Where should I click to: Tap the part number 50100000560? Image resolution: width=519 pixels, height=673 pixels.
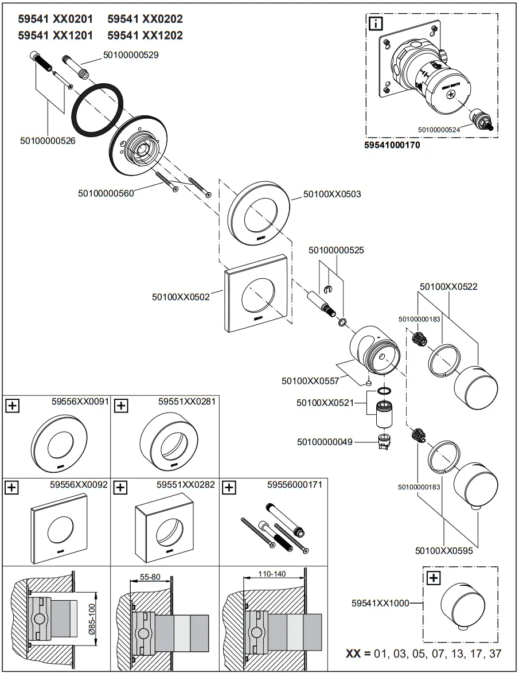click(x=106, y=193)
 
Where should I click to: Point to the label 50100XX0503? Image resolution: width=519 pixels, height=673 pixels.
click(x=332, y=194)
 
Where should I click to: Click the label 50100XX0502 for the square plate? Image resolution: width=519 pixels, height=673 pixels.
click(x=181, y=297)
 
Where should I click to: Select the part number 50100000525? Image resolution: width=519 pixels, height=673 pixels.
click(x=336, y=250)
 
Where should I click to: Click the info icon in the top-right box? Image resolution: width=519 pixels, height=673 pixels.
click(x=375, y=24)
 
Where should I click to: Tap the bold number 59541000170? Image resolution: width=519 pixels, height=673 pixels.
click(x=392, y=146)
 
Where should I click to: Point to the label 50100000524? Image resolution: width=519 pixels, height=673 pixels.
click(x=439, y=130)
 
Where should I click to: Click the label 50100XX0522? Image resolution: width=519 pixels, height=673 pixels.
click(x=448, y=286)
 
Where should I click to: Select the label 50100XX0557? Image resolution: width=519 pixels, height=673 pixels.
click(x=310, y=380)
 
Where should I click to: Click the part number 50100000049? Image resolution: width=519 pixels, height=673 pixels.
click(x=325, y=442)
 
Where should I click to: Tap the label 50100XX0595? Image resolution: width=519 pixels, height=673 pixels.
click(x=444, y=551)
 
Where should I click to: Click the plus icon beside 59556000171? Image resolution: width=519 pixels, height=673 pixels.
click(x=229, y=488)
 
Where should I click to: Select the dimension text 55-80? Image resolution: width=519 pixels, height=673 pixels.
click(x=150, y=576)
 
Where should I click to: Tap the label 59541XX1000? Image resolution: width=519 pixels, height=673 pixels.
click(x=380, y=603)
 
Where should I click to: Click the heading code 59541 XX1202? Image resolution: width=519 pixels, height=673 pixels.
click(x=145, y=36)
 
